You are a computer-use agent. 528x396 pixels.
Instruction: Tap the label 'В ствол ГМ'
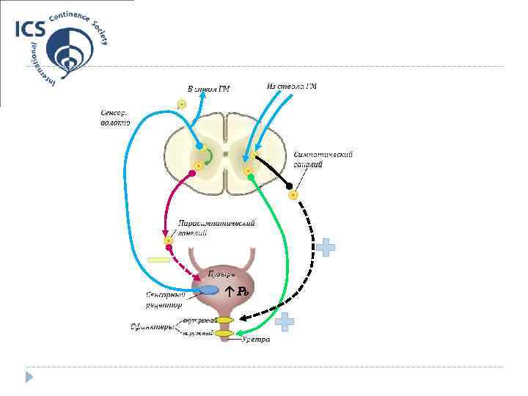pyautogui.click(x=208, y=89)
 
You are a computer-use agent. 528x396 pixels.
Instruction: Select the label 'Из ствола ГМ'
pyautogui.click(x=292, y=87)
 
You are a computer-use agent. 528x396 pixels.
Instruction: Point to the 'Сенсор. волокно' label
pyautogui.click(x=114, y=118)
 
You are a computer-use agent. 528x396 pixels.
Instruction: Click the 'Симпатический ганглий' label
pyautogui.click(x=323, y=160)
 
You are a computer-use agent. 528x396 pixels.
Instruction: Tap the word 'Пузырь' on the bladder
pyautogui.click(x=221, y=274)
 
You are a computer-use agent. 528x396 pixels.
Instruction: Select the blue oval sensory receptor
pyautogui.click(x=209, y=290)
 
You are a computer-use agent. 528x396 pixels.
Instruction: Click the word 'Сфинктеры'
pyautogui.click(x=153, y=327)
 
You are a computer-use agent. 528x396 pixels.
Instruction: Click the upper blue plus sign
pyautogui.click(x=326, y=247)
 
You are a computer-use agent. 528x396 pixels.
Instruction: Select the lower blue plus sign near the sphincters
pyautogui.click(x=285, y=320)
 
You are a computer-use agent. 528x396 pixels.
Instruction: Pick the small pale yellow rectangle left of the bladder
pyautogui.click(x=159, y=260)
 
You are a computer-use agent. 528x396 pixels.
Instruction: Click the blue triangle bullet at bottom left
pyautogui.click(x=29, y=377)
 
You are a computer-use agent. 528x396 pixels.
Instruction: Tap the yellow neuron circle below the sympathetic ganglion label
pyautogui.click(x=293, y=195)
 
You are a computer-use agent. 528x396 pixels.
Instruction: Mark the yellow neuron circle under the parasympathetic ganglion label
pyautogui.click(x=169, y=241)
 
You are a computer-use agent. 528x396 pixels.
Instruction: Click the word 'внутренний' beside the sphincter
pyautogui.click(x=199, y=320)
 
